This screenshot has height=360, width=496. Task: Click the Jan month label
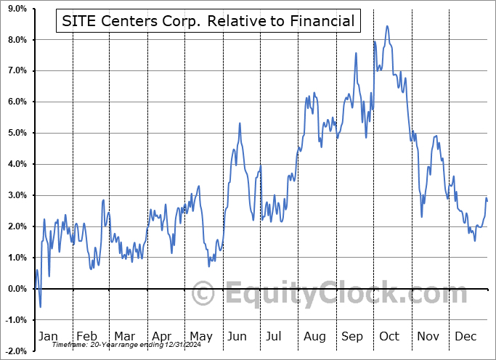[x=48, y=336]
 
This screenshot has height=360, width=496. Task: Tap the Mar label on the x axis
[x=124, y=336]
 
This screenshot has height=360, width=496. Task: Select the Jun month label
[x=237, y=336]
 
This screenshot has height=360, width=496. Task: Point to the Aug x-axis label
[x=314, y=336]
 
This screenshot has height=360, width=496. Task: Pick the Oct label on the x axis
[x=389, y=336]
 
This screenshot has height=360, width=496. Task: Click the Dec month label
[x=465, y=336]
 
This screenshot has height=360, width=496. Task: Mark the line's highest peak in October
[x=387, y=26]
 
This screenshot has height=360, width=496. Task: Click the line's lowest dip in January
[x=41, y=307]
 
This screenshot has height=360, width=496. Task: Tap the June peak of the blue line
[x=240, y=123]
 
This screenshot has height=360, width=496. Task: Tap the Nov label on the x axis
[x=428, y=336]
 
